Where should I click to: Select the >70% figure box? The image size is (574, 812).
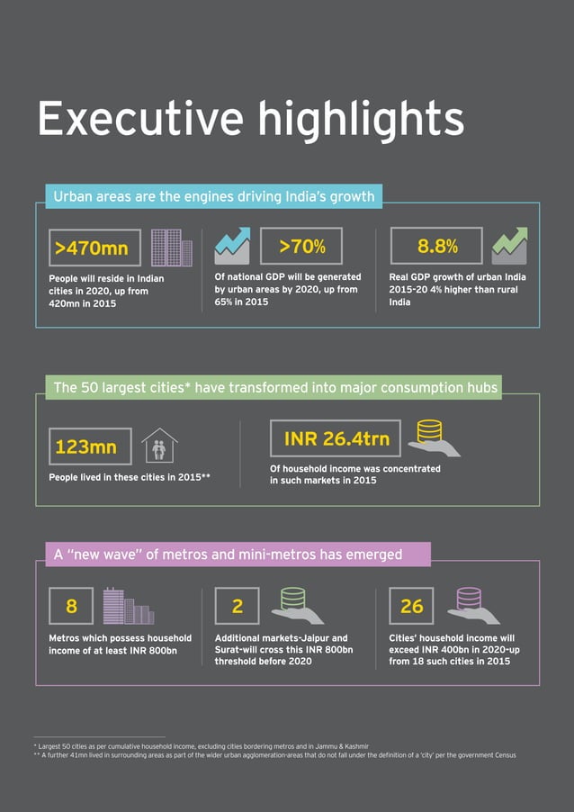tap(301, 246)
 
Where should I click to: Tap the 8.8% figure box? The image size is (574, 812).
tap(437, 246)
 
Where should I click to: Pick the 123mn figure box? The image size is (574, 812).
tap(90, 447)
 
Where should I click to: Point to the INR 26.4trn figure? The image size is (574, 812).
tap(336, 438)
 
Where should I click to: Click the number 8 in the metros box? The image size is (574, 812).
tap(71, 606)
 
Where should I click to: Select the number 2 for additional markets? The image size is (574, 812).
tap(238, 606)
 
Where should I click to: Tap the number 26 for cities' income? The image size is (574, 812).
tap(411, 606)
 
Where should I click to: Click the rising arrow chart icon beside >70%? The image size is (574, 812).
tap(232, 246)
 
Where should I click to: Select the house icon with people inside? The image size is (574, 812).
tap(159, 446)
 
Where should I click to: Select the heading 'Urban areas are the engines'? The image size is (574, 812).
tap(213, 195)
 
